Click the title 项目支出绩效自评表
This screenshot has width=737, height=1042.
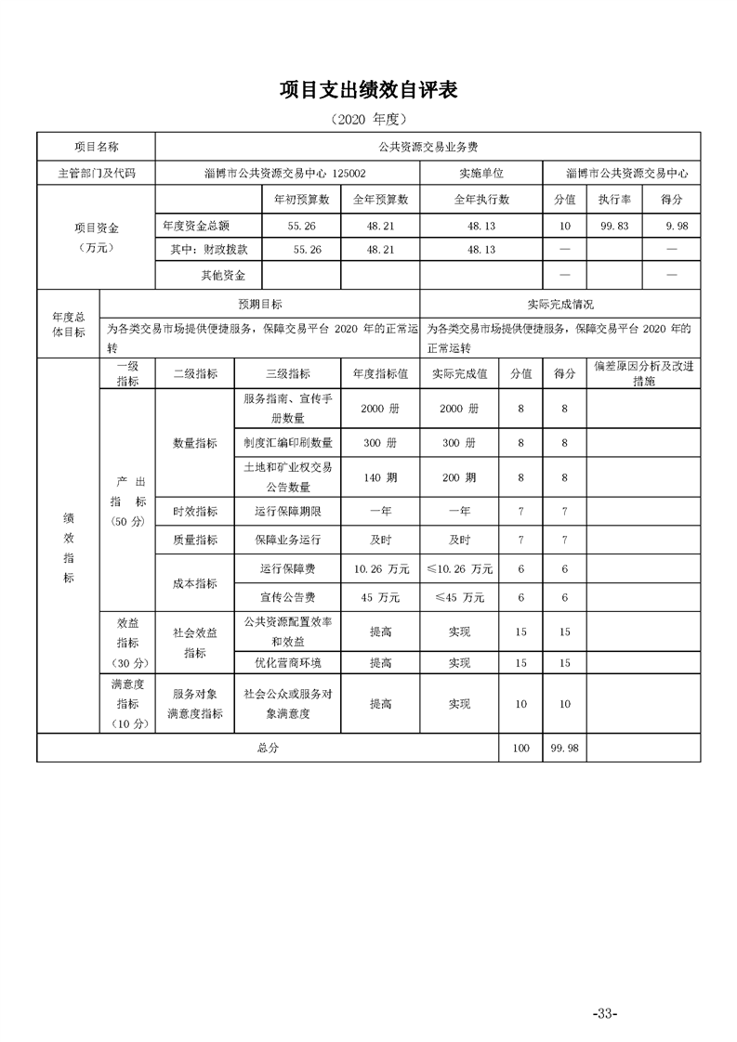[x=368, y=90]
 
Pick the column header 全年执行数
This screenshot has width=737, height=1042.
[x=480, y=199]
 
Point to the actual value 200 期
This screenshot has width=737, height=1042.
[x=459, y=477]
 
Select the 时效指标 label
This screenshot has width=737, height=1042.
[x=195, y=511]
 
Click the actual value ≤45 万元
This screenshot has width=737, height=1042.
[x=459, y=597]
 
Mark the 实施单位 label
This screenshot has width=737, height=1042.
[x=480, y=173]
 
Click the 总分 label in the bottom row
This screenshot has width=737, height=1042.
[x=268, y=748]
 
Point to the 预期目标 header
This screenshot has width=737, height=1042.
[x=260, y=304]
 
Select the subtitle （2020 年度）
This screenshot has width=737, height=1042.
[x=368, y=120]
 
